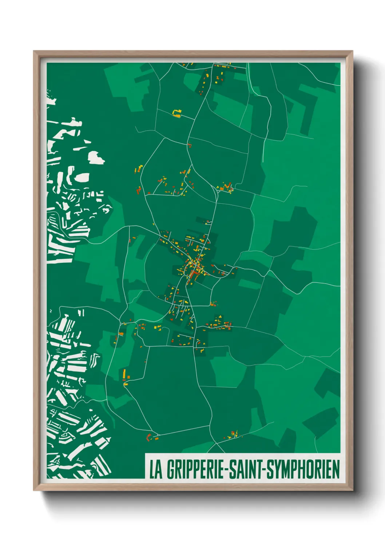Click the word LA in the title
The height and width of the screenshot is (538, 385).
click(156, 469)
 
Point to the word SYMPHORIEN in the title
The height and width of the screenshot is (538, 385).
click(303, 469)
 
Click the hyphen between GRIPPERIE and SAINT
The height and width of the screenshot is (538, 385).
click(227, 470)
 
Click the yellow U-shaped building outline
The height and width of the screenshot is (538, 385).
click(177, 113)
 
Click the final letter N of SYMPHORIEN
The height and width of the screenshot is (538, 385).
click(336, 469)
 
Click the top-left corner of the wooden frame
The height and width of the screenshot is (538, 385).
click(34, 52)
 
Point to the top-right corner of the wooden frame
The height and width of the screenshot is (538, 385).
click(352, 52)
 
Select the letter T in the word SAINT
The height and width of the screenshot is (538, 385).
click(260, 469)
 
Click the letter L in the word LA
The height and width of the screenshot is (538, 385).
click(152, 469)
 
